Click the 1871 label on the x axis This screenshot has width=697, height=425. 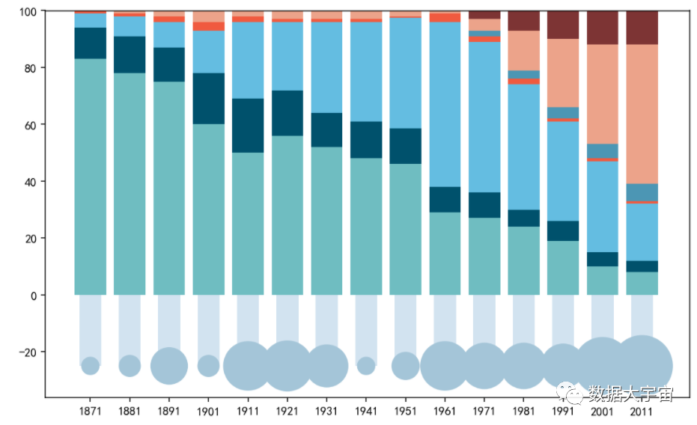pyautogui.click(x=91, y=411)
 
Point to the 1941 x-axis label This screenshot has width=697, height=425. pyautogui.click(x=366, y=411)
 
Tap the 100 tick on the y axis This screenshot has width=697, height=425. pyautogui.click(x=30, y=12)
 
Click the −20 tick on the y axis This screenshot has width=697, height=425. pyautogui.click(x=28, y=352)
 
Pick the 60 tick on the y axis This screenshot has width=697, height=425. pyautogui.click(x=33, y=125)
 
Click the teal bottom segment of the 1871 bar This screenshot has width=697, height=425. pyautogui.click(x=91, y=177)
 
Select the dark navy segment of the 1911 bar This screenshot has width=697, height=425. pyautogui.click(x=248, y=126)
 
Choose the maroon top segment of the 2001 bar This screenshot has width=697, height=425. pyautogui.click(x=602, y=28)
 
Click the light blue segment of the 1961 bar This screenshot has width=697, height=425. pyautogui.click(x=445, y=104)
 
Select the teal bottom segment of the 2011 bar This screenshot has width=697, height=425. pyautogui.click(x=642, y=284)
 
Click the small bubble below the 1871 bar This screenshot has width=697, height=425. pyautogui.click(x=91, y=366)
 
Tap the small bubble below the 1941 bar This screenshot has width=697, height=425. pyautogui.click(x=366, y=366)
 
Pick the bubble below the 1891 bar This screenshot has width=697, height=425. pyautogui.click(x=169, y=366)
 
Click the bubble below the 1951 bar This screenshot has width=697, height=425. pyautogui.click(x=406, y=366)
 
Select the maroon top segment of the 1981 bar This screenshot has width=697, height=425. pyautogui.click(x=523, y=21)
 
